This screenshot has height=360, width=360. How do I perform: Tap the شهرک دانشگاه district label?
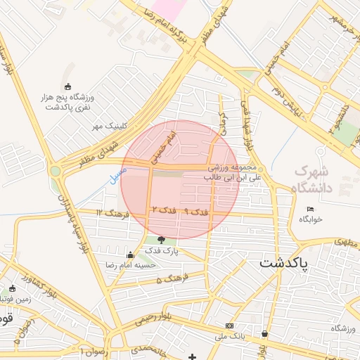coord(311,179)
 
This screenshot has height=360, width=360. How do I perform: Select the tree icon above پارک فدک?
coord(162,240)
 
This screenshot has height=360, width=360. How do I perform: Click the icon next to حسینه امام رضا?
coord(129,255)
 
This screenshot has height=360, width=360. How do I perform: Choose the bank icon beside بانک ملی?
coord(229,326)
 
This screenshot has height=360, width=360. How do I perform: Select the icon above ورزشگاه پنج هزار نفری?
coord(68,86)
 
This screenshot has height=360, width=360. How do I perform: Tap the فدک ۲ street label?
coord(163,210)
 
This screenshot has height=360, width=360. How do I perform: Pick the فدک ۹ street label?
coord(196,211)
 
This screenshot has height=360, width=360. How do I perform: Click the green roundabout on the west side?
coord(55,170)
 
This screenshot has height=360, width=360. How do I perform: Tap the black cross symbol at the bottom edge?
coord(193,356)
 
